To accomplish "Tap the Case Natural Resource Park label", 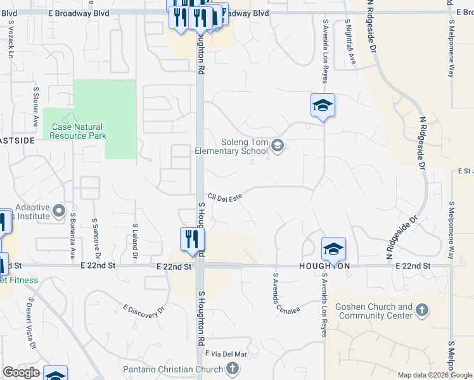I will click(79, 131).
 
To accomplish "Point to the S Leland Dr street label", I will click(135, 241).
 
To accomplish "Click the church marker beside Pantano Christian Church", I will click(233, 368).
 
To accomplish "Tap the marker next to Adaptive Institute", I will click(59, 210).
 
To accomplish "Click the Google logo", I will click(21, 372).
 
